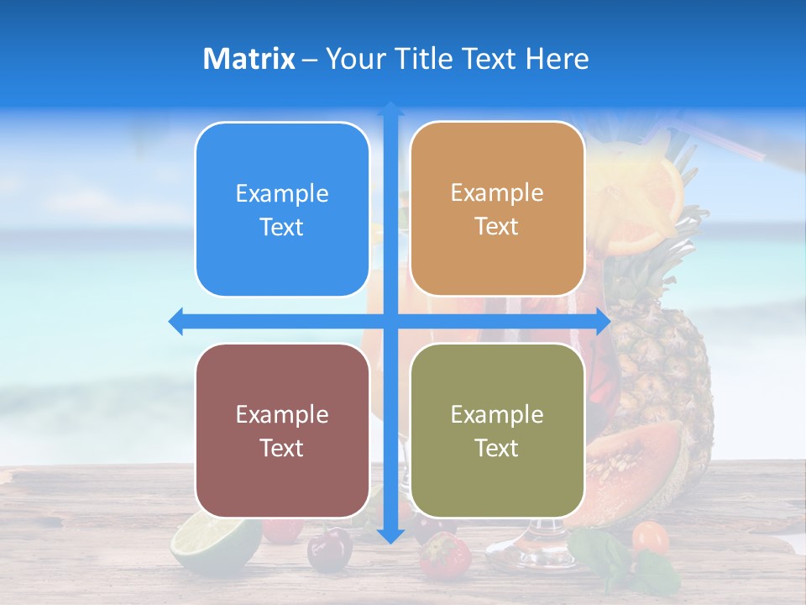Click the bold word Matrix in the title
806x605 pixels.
tap(249, 59)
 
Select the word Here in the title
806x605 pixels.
tap(557, 59)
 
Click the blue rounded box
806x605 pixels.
tap(282, 209)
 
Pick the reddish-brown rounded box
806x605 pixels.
tap(282, 430)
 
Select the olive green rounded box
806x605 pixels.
tap(497, 430)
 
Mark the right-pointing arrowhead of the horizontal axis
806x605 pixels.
tap(603, 321)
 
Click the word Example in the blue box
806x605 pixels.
tap(282, 193)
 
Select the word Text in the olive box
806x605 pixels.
tap(497, 448)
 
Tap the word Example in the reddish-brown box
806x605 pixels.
tap(282, 414)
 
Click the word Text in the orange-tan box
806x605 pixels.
tap(497, 226)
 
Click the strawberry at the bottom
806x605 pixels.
tap(445, 555)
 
